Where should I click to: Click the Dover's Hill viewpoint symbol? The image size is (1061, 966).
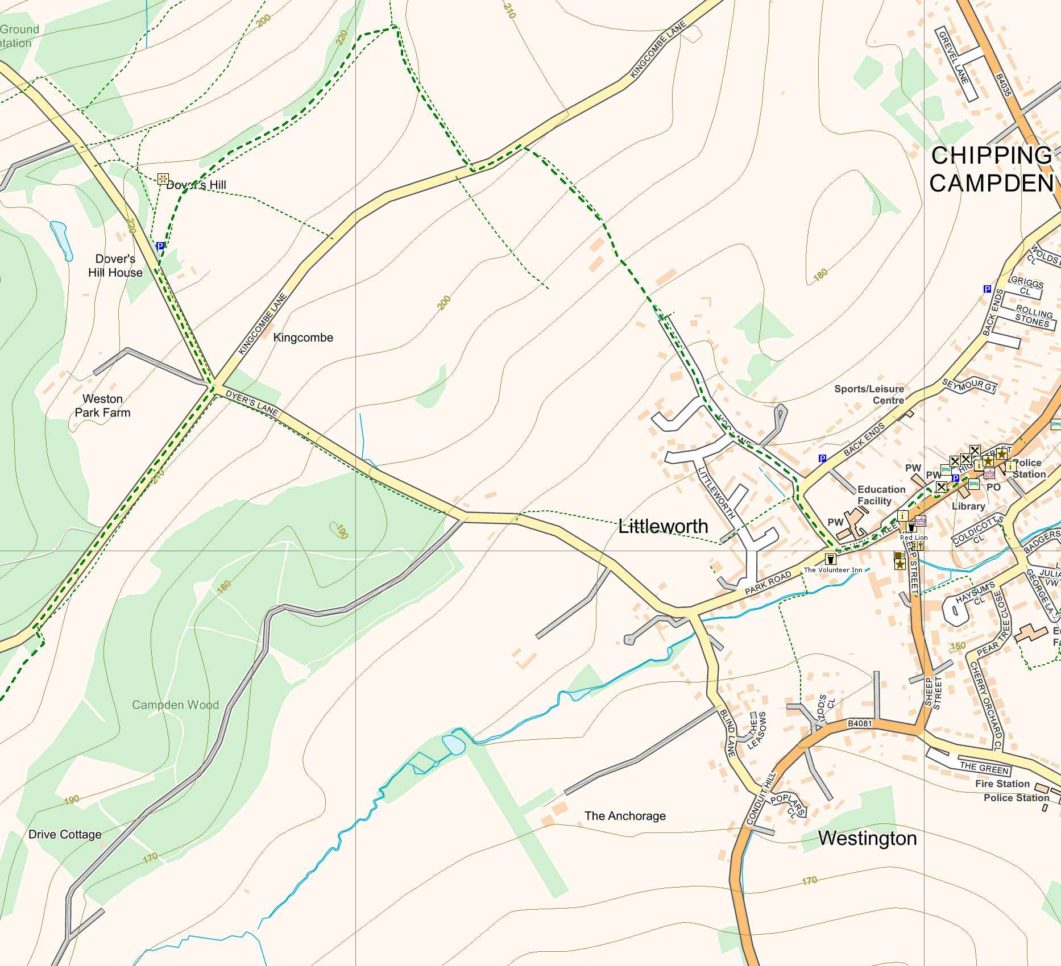(x=163, y=180)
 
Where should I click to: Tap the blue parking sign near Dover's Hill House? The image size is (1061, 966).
(x=160, y=246)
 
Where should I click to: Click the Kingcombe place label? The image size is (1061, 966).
(x=303, y=338)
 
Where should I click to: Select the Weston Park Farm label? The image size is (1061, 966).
(x=102, y=406)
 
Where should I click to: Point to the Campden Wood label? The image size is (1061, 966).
(x=175, y=705)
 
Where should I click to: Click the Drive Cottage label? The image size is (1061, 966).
(x=65, y=834)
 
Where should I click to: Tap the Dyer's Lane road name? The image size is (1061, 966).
(x=251, y=402)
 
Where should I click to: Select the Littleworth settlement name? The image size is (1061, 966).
(x=663, y=526)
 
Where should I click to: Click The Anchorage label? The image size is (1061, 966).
(x=625, y=816)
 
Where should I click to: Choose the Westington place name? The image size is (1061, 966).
(x=867, y=839)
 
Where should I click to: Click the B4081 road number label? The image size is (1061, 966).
(x=859, y=723)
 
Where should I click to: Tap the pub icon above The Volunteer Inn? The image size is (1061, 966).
(x=830, y=559)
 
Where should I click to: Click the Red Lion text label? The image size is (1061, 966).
(x=914, y=538)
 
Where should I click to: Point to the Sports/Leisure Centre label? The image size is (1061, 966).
(x=869, y=394)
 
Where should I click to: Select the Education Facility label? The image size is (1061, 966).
(x=881, y=495)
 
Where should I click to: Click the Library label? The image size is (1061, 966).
(x=968, y=506)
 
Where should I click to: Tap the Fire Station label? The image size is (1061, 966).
(x=1002, y=784)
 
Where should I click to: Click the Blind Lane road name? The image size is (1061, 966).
(x=728, y=733)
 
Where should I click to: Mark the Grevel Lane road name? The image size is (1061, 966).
(x=953, y=57)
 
